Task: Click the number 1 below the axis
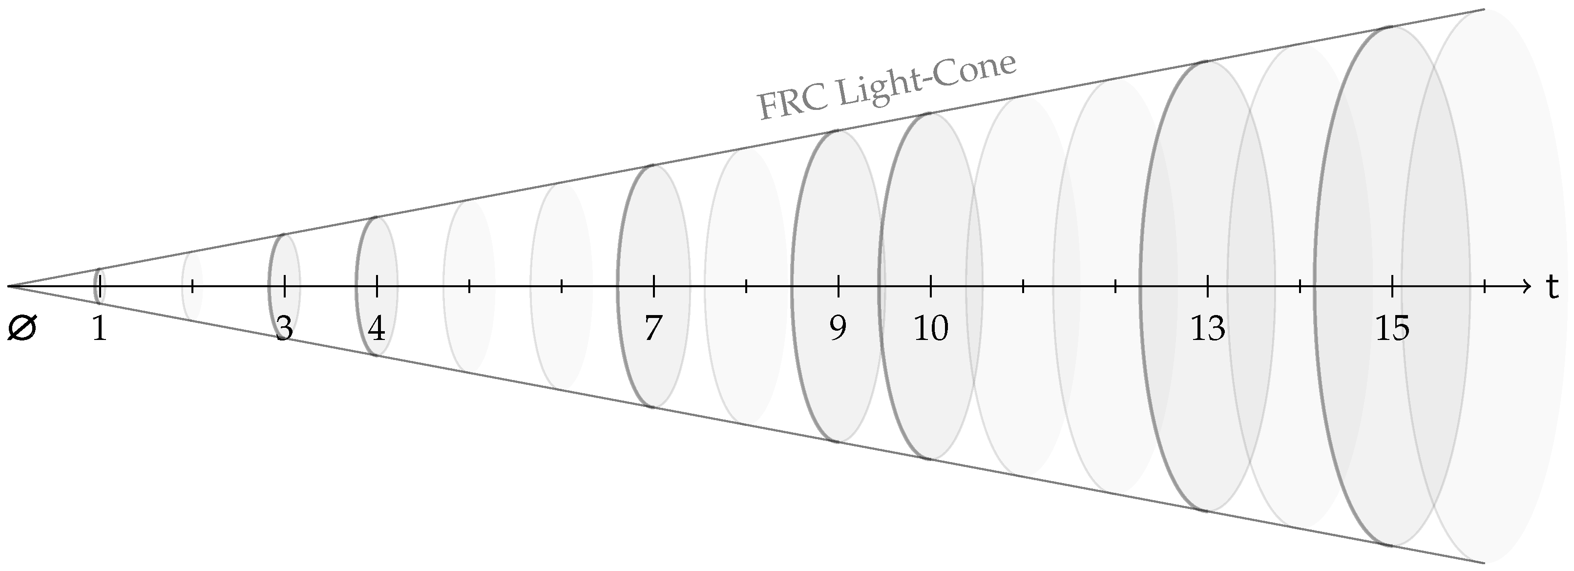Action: (x=99, y=330)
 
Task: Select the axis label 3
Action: (x=284, y=330)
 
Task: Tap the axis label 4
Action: (x=377, y=330)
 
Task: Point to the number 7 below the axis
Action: (x=653, y=330)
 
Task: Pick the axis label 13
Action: (x=1207, y=330)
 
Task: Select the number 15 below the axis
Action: (x=1392, y=330)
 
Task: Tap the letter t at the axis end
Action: (x=1553, y=287)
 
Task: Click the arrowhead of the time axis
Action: (x=1526, y=285)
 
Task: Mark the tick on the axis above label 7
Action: (x=654, y=285)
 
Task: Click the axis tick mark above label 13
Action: (x=1207, y=285)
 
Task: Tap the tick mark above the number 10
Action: (x=931, y=285)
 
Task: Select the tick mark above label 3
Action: (x=285, y=285)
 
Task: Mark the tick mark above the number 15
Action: (x=1392, y=285)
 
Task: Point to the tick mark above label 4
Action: (x=377, y=285)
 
